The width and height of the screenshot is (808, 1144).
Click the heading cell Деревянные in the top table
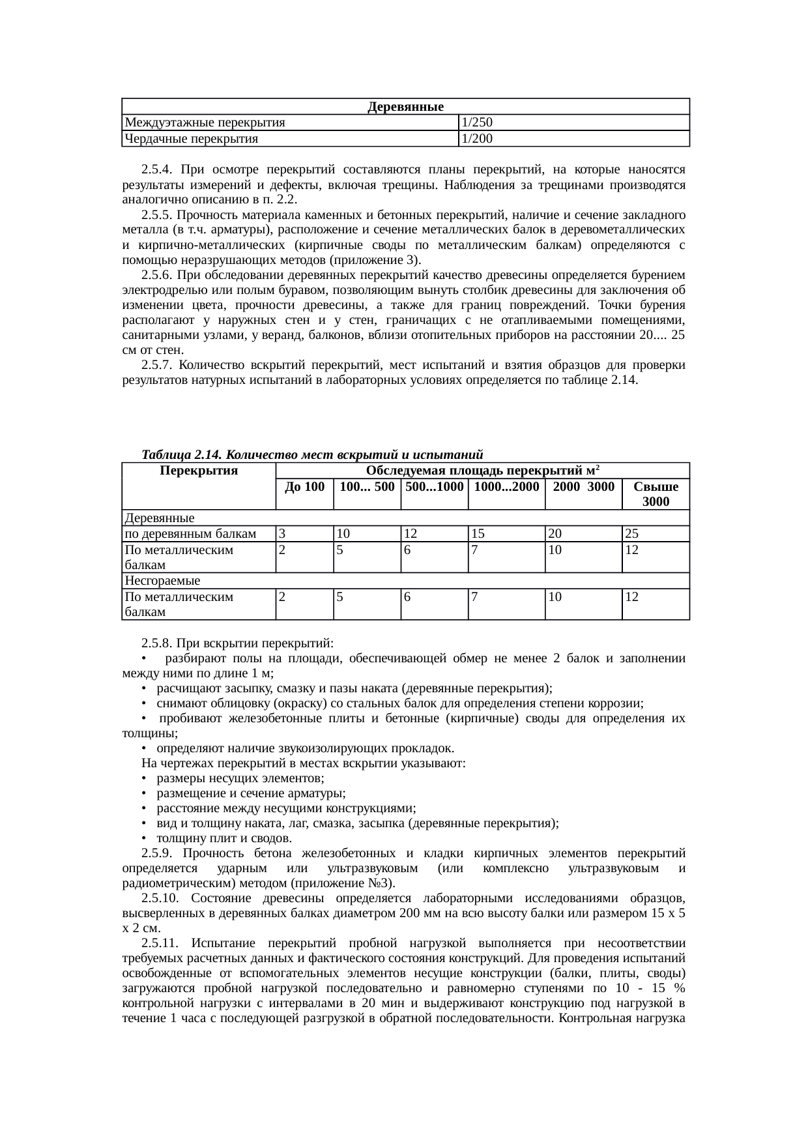[x=405, y=106]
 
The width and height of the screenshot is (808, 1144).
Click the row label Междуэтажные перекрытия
[x=205, y=122]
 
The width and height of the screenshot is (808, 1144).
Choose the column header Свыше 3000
[x=656, y=493]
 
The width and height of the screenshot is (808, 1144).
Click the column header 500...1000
[x=434, y=486]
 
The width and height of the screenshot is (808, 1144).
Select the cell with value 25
[x=631, y=534]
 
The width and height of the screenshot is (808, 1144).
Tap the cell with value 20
[x=555, y=534]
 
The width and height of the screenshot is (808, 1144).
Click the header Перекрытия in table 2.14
[x=199, y=471]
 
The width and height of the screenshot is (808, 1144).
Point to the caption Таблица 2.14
[x=182, y=454]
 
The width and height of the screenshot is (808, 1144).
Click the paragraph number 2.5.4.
[x=156, y=170]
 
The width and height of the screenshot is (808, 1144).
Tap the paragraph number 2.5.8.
[x=156, y=643]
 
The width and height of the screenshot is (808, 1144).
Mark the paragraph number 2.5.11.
[x=159, y=943]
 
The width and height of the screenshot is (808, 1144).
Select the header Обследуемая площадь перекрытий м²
[x=482, y=471]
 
